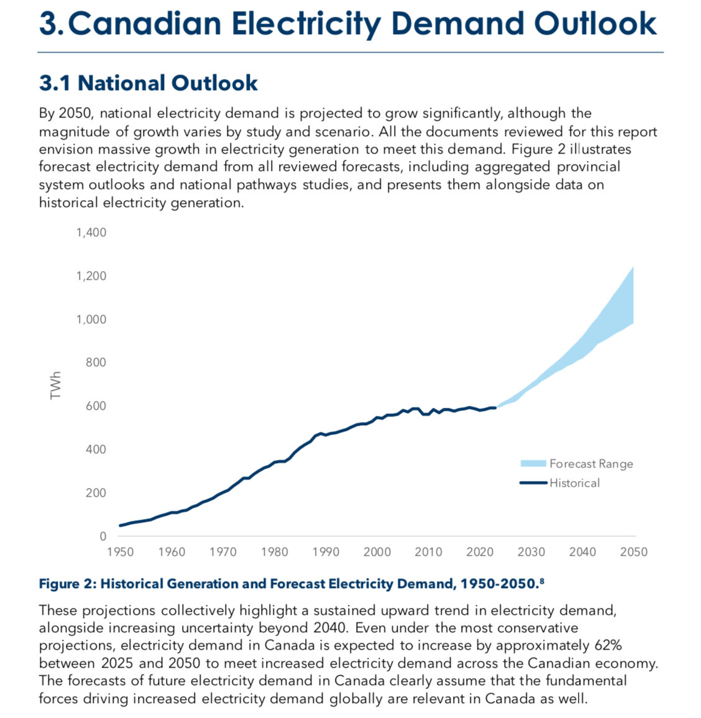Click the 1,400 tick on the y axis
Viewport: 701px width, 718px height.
91,232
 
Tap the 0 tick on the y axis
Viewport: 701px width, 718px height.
103,536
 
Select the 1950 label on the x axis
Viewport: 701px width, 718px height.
120,552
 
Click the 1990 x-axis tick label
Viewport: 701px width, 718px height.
326,552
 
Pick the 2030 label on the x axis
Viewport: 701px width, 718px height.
531,552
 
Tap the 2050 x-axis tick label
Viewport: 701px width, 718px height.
634,552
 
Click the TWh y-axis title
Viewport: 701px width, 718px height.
57,385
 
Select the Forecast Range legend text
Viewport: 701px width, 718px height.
591,464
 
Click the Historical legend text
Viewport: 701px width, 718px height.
574,483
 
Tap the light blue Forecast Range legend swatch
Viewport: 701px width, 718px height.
533,464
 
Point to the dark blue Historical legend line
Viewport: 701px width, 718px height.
533,483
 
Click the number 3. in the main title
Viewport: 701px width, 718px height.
52,24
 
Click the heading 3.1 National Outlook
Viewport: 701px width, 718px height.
149,83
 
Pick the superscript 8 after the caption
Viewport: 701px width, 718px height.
542,581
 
